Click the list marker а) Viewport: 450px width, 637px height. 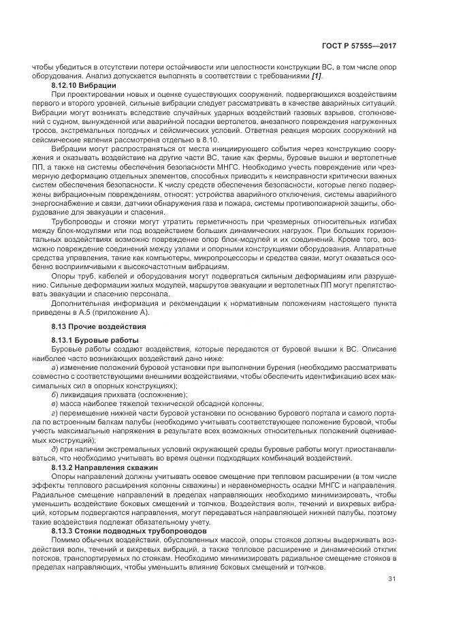(54, 368)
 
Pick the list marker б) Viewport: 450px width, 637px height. (54, 395)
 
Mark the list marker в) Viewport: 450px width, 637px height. (54, 404)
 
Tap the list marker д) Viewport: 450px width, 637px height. (54, 450)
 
